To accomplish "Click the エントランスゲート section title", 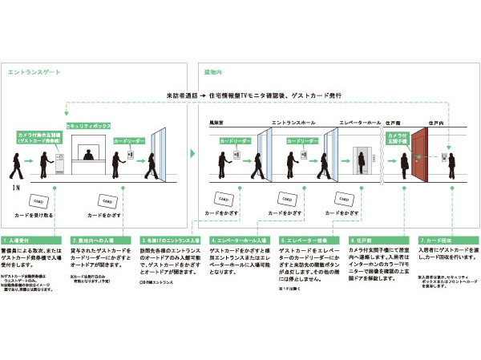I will [32, 73].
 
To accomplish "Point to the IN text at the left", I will [15, 187].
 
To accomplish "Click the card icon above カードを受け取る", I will [37, 200].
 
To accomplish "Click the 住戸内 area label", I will [436, 123].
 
